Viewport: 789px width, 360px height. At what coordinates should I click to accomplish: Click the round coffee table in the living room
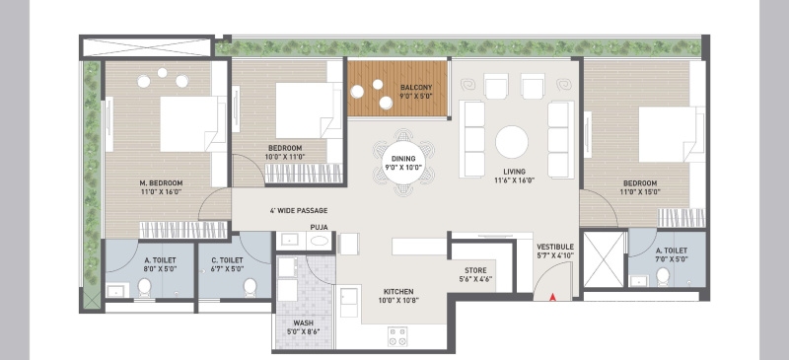[x=512, y=142]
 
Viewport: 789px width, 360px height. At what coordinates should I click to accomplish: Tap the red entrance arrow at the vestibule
[x=553, y=294]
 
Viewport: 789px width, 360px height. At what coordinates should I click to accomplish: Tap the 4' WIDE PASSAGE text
[x=298, y=211]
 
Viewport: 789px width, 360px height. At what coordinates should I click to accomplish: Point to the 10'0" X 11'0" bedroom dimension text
[x=285, y=158]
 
